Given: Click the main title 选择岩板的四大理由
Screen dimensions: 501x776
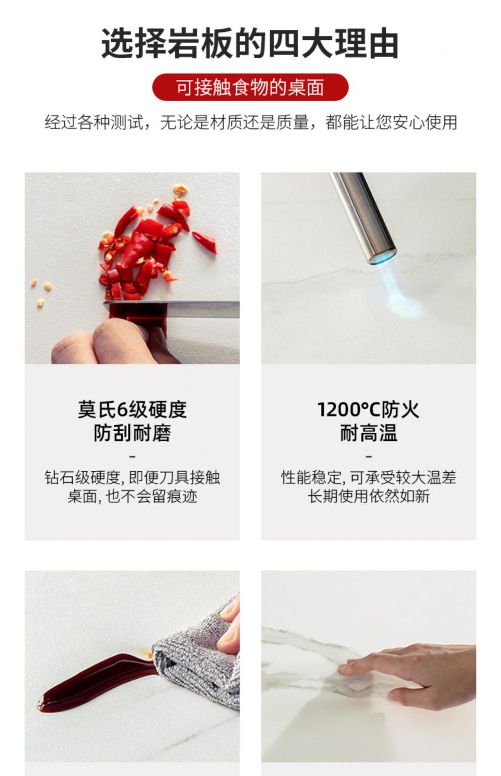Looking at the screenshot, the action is click(249, 44).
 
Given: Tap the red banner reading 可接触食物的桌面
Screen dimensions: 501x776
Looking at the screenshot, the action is click(251, 87).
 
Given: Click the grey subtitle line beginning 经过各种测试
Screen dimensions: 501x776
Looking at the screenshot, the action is click(251, 122).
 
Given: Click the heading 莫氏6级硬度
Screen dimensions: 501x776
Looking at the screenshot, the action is click(132, 410).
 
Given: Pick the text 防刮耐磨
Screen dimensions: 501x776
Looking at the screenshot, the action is click(132, 433).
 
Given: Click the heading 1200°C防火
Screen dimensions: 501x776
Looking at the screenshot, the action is click(368, 410).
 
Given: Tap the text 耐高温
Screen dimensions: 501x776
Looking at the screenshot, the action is click(368, 433).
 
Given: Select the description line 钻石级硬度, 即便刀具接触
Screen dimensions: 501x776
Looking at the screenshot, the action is click(132, 477).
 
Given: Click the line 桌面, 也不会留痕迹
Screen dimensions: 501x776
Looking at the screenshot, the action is click(132, 496).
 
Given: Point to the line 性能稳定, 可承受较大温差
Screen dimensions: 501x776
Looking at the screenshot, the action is click(368, 477).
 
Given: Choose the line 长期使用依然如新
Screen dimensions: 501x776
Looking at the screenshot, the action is click(368, 496).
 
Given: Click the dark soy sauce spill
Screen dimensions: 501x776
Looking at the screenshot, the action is click(94, 682).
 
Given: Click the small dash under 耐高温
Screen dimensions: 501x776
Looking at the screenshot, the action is click(369, 457).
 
